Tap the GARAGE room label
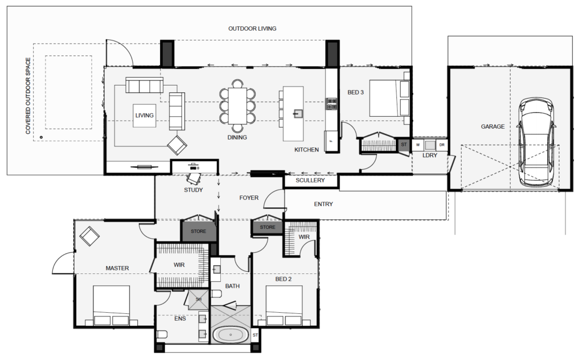pyautogui.click(x=492, y=126)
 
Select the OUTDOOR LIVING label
pyautogui.click(x=252, y=28)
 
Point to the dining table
pyautogui.click(x=238, y=105)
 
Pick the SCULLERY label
pyautogui.click(x=310, y=181)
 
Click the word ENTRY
pyautogui.click(x=323, y=204)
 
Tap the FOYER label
pyautogui.click(x=249, y=198)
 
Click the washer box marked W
pyautogui.click(x=418, y=145)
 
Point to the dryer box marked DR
pyautogui.click(x=441, y=145)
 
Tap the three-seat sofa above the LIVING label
pyautogui.click(x=144, y=85)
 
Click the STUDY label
pyautogui.click(x=194, y=190)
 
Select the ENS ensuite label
pyautogui.click(x=165, y=318)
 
